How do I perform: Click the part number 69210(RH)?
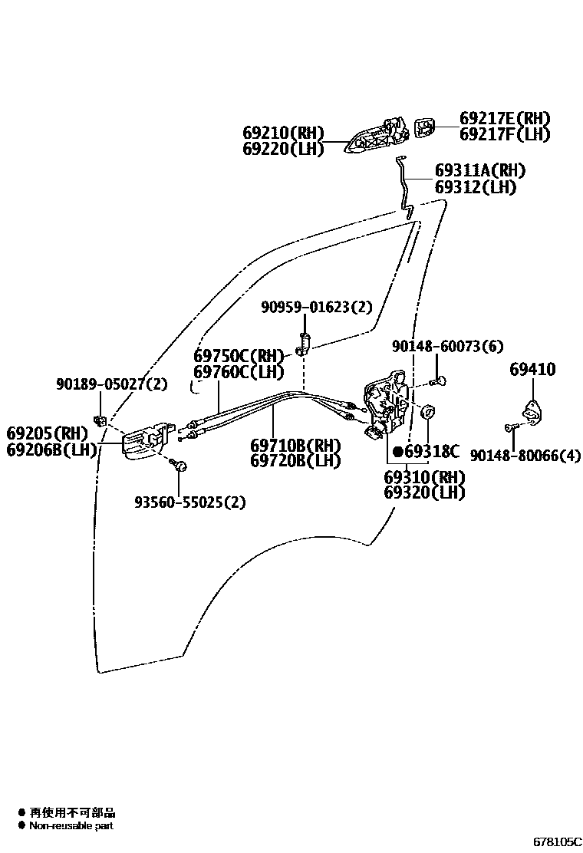(284, 133)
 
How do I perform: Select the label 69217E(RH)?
(505, 119)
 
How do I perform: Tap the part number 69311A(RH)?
(480, 170)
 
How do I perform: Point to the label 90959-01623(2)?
(316, 308)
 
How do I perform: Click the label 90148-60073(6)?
(447, 347)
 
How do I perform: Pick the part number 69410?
(532, 370)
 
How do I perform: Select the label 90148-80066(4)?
(525, 456)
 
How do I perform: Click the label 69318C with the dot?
(426, 451)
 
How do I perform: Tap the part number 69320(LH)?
(424, 492)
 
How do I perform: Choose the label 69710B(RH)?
(295, 445)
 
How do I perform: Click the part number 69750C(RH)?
(239, 356)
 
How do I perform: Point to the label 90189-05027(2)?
(111, 384)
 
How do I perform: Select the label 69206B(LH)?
(51, 450)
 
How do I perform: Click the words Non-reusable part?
(71, 826)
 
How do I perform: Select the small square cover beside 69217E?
(424, 127)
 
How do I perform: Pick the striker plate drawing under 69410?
(529, 414)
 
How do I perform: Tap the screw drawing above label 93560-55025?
(180, 465)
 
